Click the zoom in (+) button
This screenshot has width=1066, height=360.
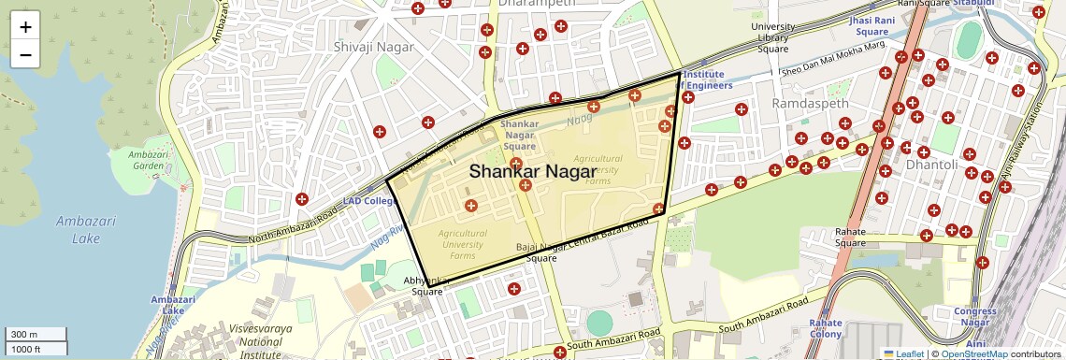pyautogui.click(x=25, y=26)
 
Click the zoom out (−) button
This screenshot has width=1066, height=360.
pyautogui.click(x=25, y=54)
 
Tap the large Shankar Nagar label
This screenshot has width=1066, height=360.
pyautogui.click(x=532, y=171)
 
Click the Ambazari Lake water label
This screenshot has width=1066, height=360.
pyautogui.click(x=79, y=229)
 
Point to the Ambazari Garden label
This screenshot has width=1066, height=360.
pyautogui.click(x=148, y=160)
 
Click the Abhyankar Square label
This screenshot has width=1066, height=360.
pyautogui.click(x=427, y=285)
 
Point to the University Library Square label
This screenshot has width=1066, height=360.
pyautogui.click(x=773, y=37)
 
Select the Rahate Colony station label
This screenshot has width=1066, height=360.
pyautogui.click(x=826, y=327)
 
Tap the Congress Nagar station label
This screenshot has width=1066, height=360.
pyautogui.click(x=975, y=316)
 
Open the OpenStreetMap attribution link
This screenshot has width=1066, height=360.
pyautogui.click(x=973, y=353)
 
